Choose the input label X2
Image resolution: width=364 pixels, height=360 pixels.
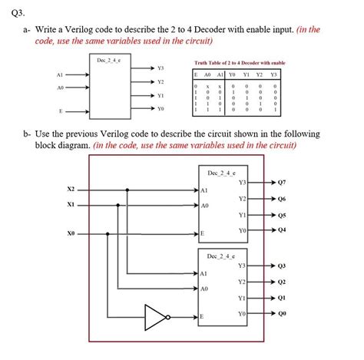point(71,189)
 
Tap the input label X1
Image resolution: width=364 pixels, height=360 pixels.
point(71,205)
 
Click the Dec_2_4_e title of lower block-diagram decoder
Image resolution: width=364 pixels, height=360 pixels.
point(223,254)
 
